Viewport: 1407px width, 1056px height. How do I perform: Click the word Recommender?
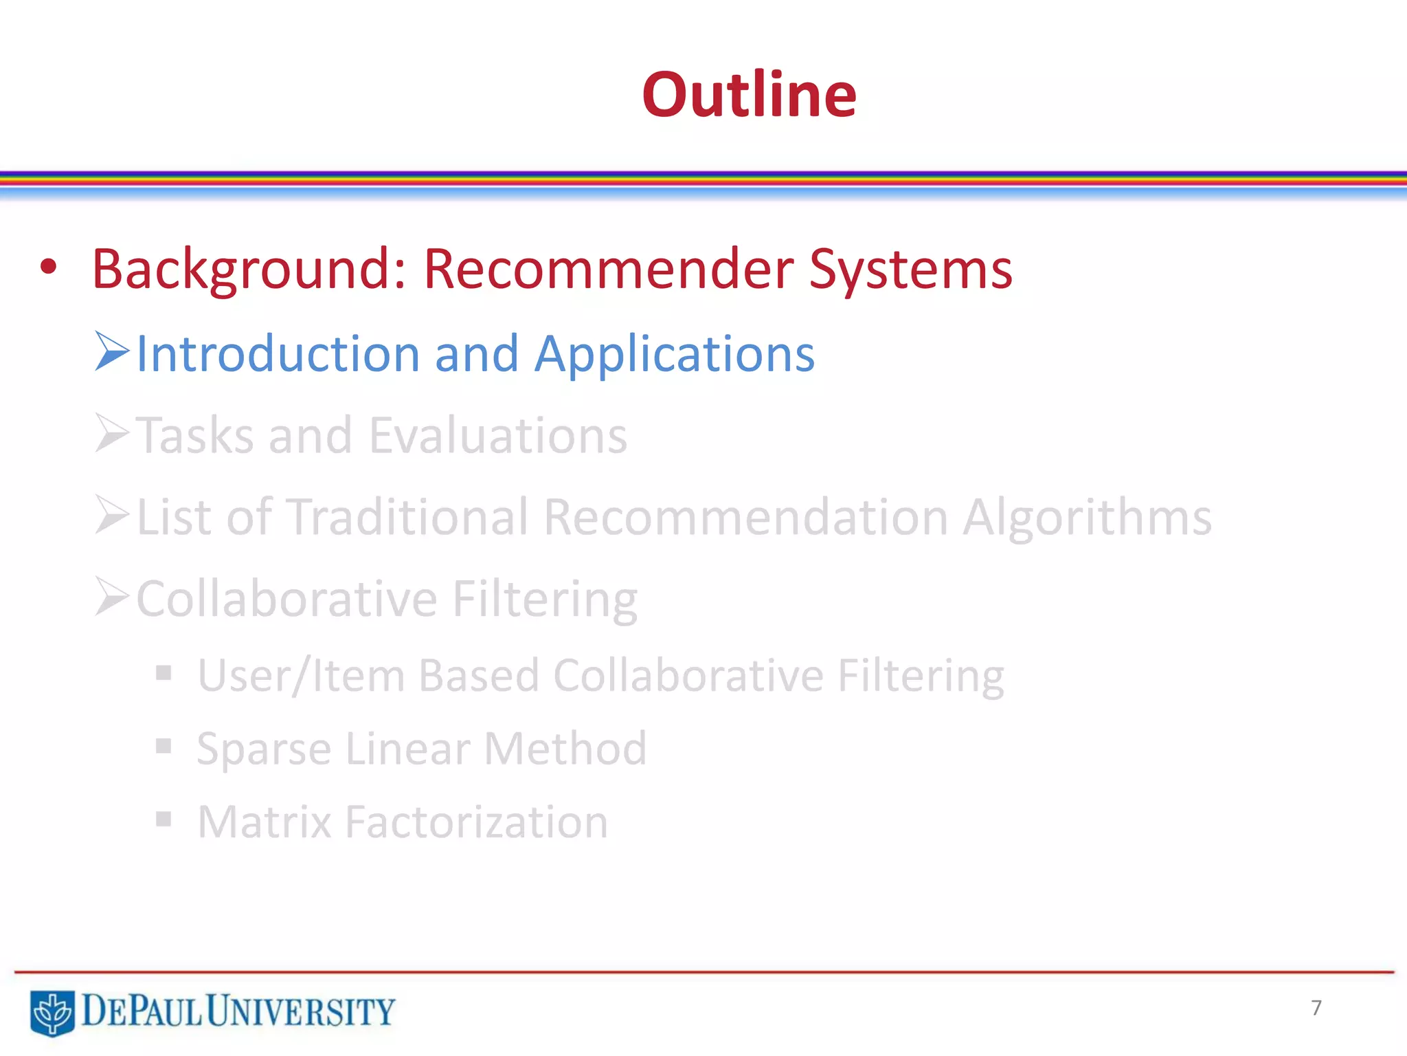click(x=608, y=269)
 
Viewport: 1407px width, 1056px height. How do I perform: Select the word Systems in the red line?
click(x=910, y=269)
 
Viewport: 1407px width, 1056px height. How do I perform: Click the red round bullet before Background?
click(x=48, y=267)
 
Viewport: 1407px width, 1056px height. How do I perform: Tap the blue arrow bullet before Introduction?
click(x=112, y=351)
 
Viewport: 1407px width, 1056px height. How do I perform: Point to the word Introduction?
click(x=278, y=353)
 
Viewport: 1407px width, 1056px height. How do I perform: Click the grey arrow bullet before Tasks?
click(x=112, y=433)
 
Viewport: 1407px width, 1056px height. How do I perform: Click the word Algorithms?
click(x=1087, y=517)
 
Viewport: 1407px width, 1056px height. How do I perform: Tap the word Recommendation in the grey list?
click(x=746, y=517)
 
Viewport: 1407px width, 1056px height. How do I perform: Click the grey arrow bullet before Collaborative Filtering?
click(x=112, y=596)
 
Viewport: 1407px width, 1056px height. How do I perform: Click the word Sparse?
click(x=264, y=749)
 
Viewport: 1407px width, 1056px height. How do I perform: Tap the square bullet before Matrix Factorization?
click(x=164, y=819)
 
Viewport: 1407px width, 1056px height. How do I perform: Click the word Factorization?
click(x=476, y=822)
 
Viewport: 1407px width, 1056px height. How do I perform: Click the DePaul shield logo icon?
click(x=52, y=1011)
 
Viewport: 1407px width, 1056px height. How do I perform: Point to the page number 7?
click(x=1316, y=1008)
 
